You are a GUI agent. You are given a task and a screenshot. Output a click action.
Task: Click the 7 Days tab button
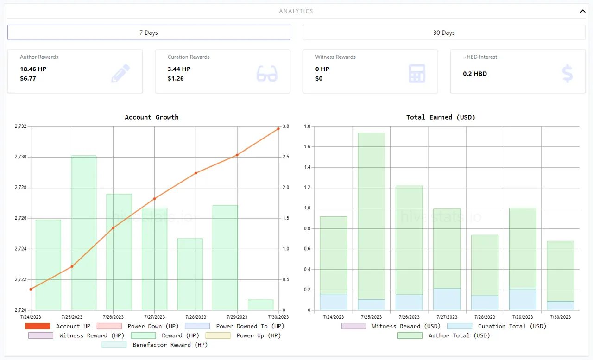(149, 32)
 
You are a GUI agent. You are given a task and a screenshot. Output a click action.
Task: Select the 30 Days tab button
(444, 32)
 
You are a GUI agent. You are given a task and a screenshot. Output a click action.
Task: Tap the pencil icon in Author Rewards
(120, 74)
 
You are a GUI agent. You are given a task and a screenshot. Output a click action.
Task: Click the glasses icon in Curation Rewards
(267, 74)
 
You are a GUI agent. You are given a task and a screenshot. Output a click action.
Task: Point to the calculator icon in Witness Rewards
(416, 74)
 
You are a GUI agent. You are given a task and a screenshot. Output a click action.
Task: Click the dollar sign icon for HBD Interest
(567, 74)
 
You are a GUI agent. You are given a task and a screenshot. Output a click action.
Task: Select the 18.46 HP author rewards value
(33, 69)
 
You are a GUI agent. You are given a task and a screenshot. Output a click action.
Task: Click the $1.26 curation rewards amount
(176, 78)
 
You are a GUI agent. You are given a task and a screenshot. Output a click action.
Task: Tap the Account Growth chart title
(151, 117)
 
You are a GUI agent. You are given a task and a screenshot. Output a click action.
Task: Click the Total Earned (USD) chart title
(441, 117)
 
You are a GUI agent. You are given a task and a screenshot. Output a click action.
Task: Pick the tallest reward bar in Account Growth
(84, 232)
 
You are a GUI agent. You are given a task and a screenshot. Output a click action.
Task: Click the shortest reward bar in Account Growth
(260, 305)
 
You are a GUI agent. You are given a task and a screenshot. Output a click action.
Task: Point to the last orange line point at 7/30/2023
(278, 128)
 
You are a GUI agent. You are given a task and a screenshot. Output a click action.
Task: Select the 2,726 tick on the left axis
(20, 218)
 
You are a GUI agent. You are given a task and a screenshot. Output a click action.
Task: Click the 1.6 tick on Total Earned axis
(307, 147)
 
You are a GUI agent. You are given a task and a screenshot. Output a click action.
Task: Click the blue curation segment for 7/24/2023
(333, 302)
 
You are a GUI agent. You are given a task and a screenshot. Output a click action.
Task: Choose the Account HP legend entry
(58, 326)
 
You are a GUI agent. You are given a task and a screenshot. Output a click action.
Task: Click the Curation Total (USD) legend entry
(497, 326)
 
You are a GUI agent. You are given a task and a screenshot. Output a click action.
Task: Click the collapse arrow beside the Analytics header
(583, 11)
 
